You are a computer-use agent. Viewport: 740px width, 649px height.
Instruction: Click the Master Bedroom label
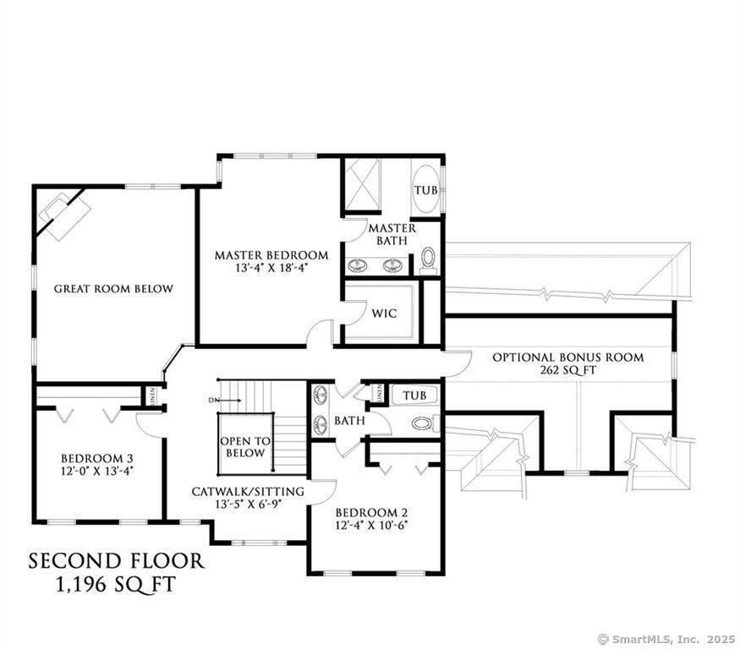[271, 255]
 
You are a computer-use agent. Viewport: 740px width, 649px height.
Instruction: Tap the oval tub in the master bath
[425, 190]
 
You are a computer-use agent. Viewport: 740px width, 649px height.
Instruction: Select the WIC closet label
[384, 313]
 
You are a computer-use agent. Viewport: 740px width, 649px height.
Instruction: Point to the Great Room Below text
[113, 289]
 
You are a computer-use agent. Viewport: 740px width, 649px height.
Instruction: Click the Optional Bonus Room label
[567, 357]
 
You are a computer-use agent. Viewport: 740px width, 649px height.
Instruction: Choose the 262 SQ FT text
[567, 370]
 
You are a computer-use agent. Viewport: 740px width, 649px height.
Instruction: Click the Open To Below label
[245, 447]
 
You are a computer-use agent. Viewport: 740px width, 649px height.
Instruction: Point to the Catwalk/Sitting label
[248, 491]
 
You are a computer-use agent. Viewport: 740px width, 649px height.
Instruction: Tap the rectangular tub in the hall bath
[414, 395]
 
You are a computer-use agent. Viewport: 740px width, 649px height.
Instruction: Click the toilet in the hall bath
[421, 423]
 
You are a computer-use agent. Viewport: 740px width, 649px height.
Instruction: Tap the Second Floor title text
[117, 561]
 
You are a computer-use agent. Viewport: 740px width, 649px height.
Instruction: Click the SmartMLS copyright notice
[667, 640]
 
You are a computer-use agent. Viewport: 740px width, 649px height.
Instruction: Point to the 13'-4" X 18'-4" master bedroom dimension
[271, 269]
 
